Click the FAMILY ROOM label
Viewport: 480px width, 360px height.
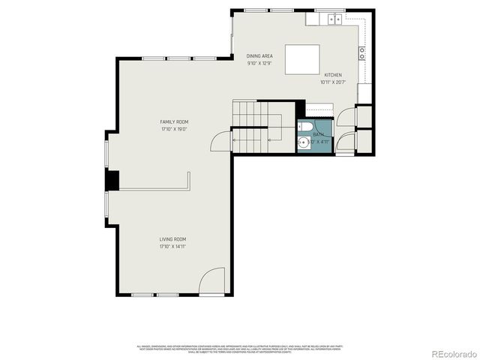click(x=173, y=121)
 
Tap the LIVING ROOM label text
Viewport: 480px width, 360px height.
click(x=172, y=239)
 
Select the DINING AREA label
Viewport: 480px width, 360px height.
click(x=259, y=56)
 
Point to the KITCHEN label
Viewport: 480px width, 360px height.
click(x=333, y=75)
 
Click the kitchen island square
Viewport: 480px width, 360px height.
click(x=301, y=58)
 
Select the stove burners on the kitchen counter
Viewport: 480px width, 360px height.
click(x=362, y=52)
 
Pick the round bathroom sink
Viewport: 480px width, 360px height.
click(x=302, y=142)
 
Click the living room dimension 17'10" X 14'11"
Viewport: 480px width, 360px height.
click(x=172, y=247)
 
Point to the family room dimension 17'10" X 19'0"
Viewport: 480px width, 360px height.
click(x=173, y=129)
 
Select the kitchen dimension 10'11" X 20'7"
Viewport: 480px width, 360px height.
click(x=333, y=82)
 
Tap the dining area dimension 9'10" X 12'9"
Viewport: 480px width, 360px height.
click(x=259, y=64)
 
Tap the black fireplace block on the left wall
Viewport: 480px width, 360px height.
click(x=112, y=180)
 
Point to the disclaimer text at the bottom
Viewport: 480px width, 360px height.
click(x=240, y=348)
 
